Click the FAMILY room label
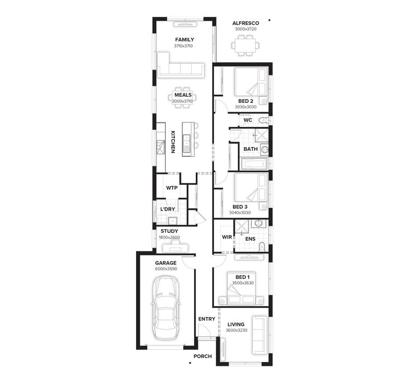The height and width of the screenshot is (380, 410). pos(184,39)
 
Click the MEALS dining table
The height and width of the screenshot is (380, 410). pos(183,98)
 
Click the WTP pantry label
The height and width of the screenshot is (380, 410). pos(172,188)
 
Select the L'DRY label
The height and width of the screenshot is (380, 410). pos(167,209)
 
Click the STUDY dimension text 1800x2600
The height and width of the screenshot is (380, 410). pos(169,238)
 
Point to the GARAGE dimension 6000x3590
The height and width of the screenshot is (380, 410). pos(165,269)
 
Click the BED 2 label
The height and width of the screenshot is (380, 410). pos(245,101)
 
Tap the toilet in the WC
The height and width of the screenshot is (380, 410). pos(263,120)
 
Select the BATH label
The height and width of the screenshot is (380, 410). pos(250,149)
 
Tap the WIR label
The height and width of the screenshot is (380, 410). pos(227,237)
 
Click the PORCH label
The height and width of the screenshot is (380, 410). pos(202,356)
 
